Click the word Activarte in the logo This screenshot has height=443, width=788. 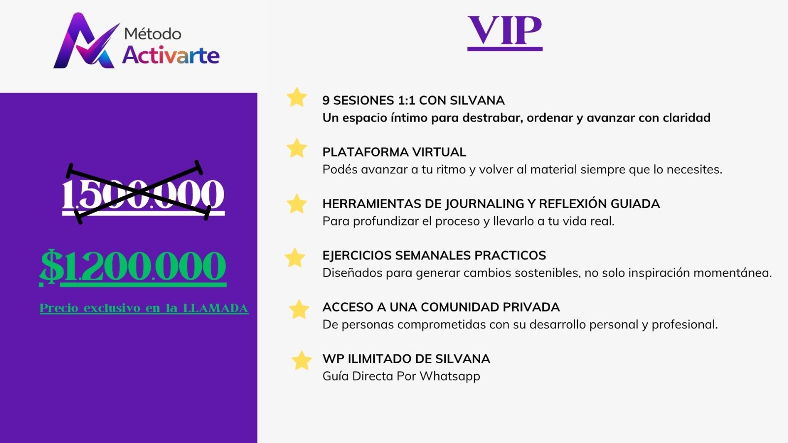click(x=171, y=55)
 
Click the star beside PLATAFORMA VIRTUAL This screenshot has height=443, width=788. click(x=296, y=148)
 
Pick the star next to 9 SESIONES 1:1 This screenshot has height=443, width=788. click(x=296, y=97)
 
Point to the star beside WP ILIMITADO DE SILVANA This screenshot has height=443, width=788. click(x=301, y=360)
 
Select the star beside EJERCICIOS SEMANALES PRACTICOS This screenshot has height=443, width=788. click(x=295, y=257)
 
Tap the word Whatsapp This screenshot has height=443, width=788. click(x=450, y=376)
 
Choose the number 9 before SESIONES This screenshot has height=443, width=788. click(x=326, y=100)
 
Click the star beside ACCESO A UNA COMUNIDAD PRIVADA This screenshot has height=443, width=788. click(x=299, y=309)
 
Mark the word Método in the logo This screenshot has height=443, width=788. click(x=153, y=34)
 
